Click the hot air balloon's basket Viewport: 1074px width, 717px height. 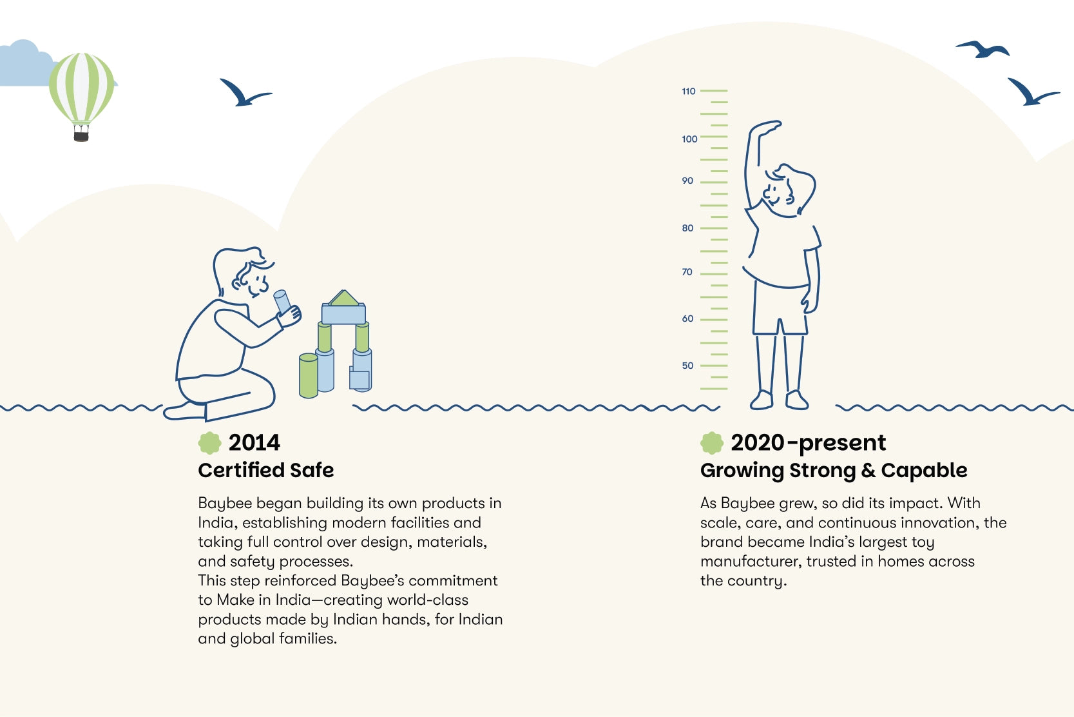(x=81, y=133)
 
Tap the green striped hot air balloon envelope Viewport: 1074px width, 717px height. (x=82, y=88)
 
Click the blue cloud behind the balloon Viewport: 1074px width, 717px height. (x=26, y=64)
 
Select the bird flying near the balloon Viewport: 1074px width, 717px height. (x=245, y=92)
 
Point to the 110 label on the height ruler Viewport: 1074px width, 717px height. (x=689, y=91)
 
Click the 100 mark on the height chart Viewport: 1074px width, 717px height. (x=689, y=139)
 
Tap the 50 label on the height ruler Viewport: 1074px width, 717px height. (x=687, y=366)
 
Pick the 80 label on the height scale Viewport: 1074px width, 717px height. (x=687, y=228)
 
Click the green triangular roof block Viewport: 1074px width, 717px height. (x=344, y=298)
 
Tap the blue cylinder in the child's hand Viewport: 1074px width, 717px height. (x=282, y=302)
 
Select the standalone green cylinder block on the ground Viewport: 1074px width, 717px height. (x=309, y=376)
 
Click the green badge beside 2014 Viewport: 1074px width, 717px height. (x=209, y=443)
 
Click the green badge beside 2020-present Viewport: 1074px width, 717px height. (x=711, y=443)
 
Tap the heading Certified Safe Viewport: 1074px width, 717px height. (x=265, y=470)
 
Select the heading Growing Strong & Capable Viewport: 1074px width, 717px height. (x=833, y=470)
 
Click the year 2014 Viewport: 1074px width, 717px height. (x=254, y=442)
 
